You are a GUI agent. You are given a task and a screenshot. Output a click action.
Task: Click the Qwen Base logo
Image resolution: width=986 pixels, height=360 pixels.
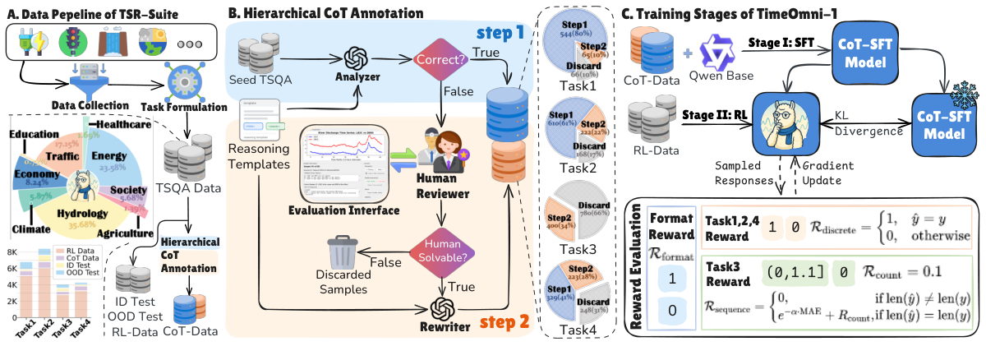coord(721,45)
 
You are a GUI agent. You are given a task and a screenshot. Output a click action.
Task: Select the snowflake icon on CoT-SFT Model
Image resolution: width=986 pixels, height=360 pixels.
coord(956,95)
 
